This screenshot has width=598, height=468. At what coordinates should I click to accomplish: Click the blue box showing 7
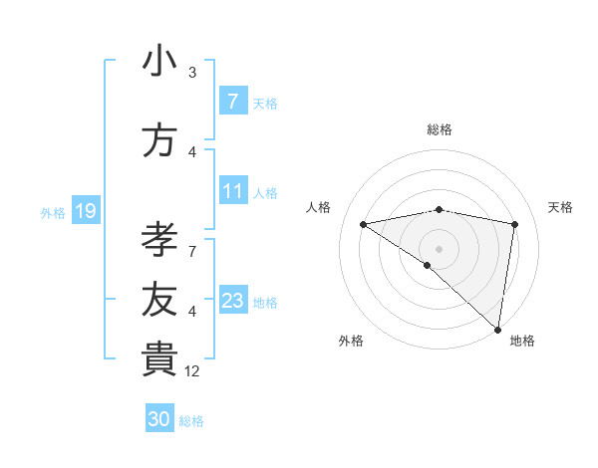(x=232, y=101)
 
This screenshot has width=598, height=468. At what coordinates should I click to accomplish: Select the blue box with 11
(x=232, y=191)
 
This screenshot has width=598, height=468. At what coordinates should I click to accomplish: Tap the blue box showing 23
(x=232, y=301)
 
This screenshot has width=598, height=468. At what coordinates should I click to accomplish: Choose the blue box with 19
(x=85, y=211)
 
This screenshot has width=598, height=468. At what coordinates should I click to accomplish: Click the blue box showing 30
(x=158, y=419)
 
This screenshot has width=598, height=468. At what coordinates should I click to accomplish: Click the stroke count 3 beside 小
(x=192, y=72)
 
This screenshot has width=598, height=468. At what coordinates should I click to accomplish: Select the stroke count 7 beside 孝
(x=192, y=239)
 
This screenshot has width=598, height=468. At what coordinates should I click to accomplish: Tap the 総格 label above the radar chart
(x=440, y=129)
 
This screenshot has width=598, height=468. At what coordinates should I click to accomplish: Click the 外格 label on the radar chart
(x=350, y=342)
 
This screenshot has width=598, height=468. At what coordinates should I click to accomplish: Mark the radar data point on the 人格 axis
(x=363, y=224)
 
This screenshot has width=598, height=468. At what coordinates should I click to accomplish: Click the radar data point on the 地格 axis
(x=498, y=330)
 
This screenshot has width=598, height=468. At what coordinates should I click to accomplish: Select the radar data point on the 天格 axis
(x=515, y=224)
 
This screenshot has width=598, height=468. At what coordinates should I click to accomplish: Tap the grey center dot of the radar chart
(x=439, y=247)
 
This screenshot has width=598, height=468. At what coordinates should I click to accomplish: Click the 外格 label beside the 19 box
(x=53, y=212)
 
